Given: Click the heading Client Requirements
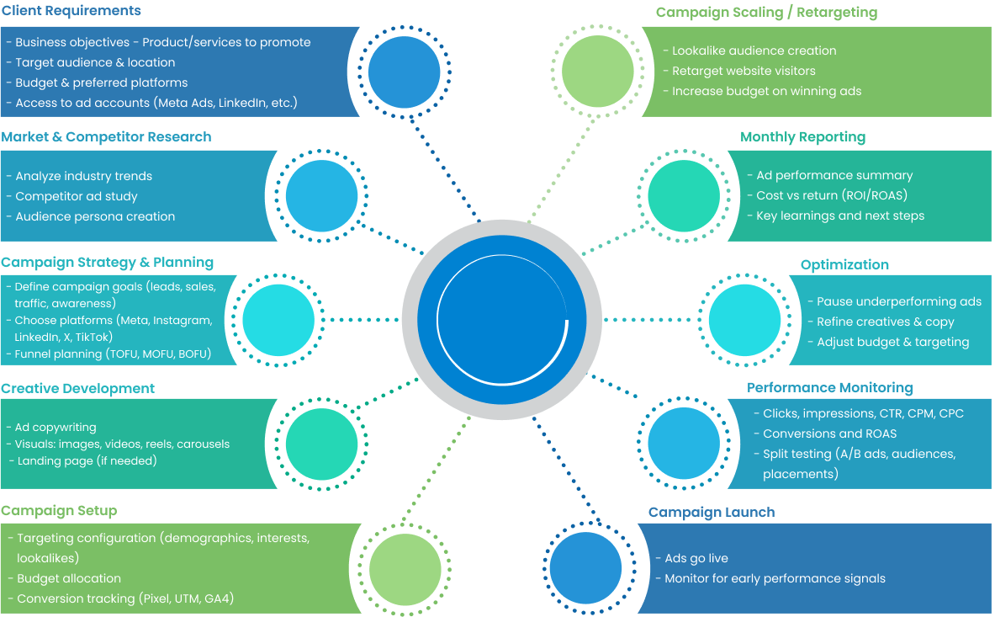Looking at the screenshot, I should click(71, 11).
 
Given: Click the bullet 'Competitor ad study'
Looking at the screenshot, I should click(77, 196).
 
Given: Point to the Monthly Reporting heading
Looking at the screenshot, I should click(802, 136).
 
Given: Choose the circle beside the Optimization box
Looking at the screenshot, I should click(745, 319).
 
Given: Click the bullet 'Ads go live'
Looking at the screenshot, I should click(696, 558).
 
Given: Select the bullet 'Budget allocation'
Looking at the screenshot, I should click(69, 578).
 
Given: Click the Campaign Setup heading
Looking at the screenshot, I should click(59, 511).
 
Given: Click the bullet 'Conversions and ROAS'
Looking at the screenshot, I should click(829, 433).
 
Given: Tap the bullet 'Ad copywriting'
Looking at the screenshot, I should click(56, 427).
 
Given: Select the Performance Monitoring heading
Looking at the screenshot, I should click(829, 387).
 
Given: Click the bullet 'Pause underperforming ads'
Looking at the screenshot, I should click(898, 301).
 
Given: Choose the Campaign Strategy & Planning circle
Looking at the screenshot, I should click(278, 319).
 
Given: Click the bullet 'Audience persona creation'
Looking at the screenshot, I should click(95, 216).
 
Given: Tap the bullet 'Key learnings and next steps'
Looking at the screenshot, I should click(839, 215).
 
